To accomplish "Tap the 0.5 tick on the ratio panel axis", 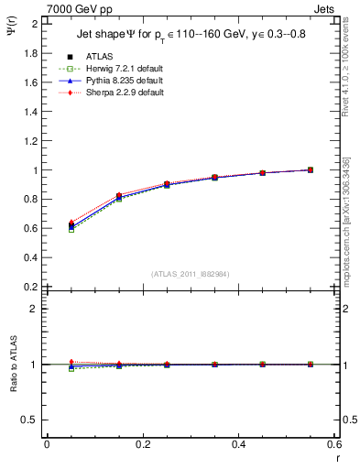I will (33, 420).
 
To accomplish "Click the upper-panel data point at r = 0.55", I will (311, 169).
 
